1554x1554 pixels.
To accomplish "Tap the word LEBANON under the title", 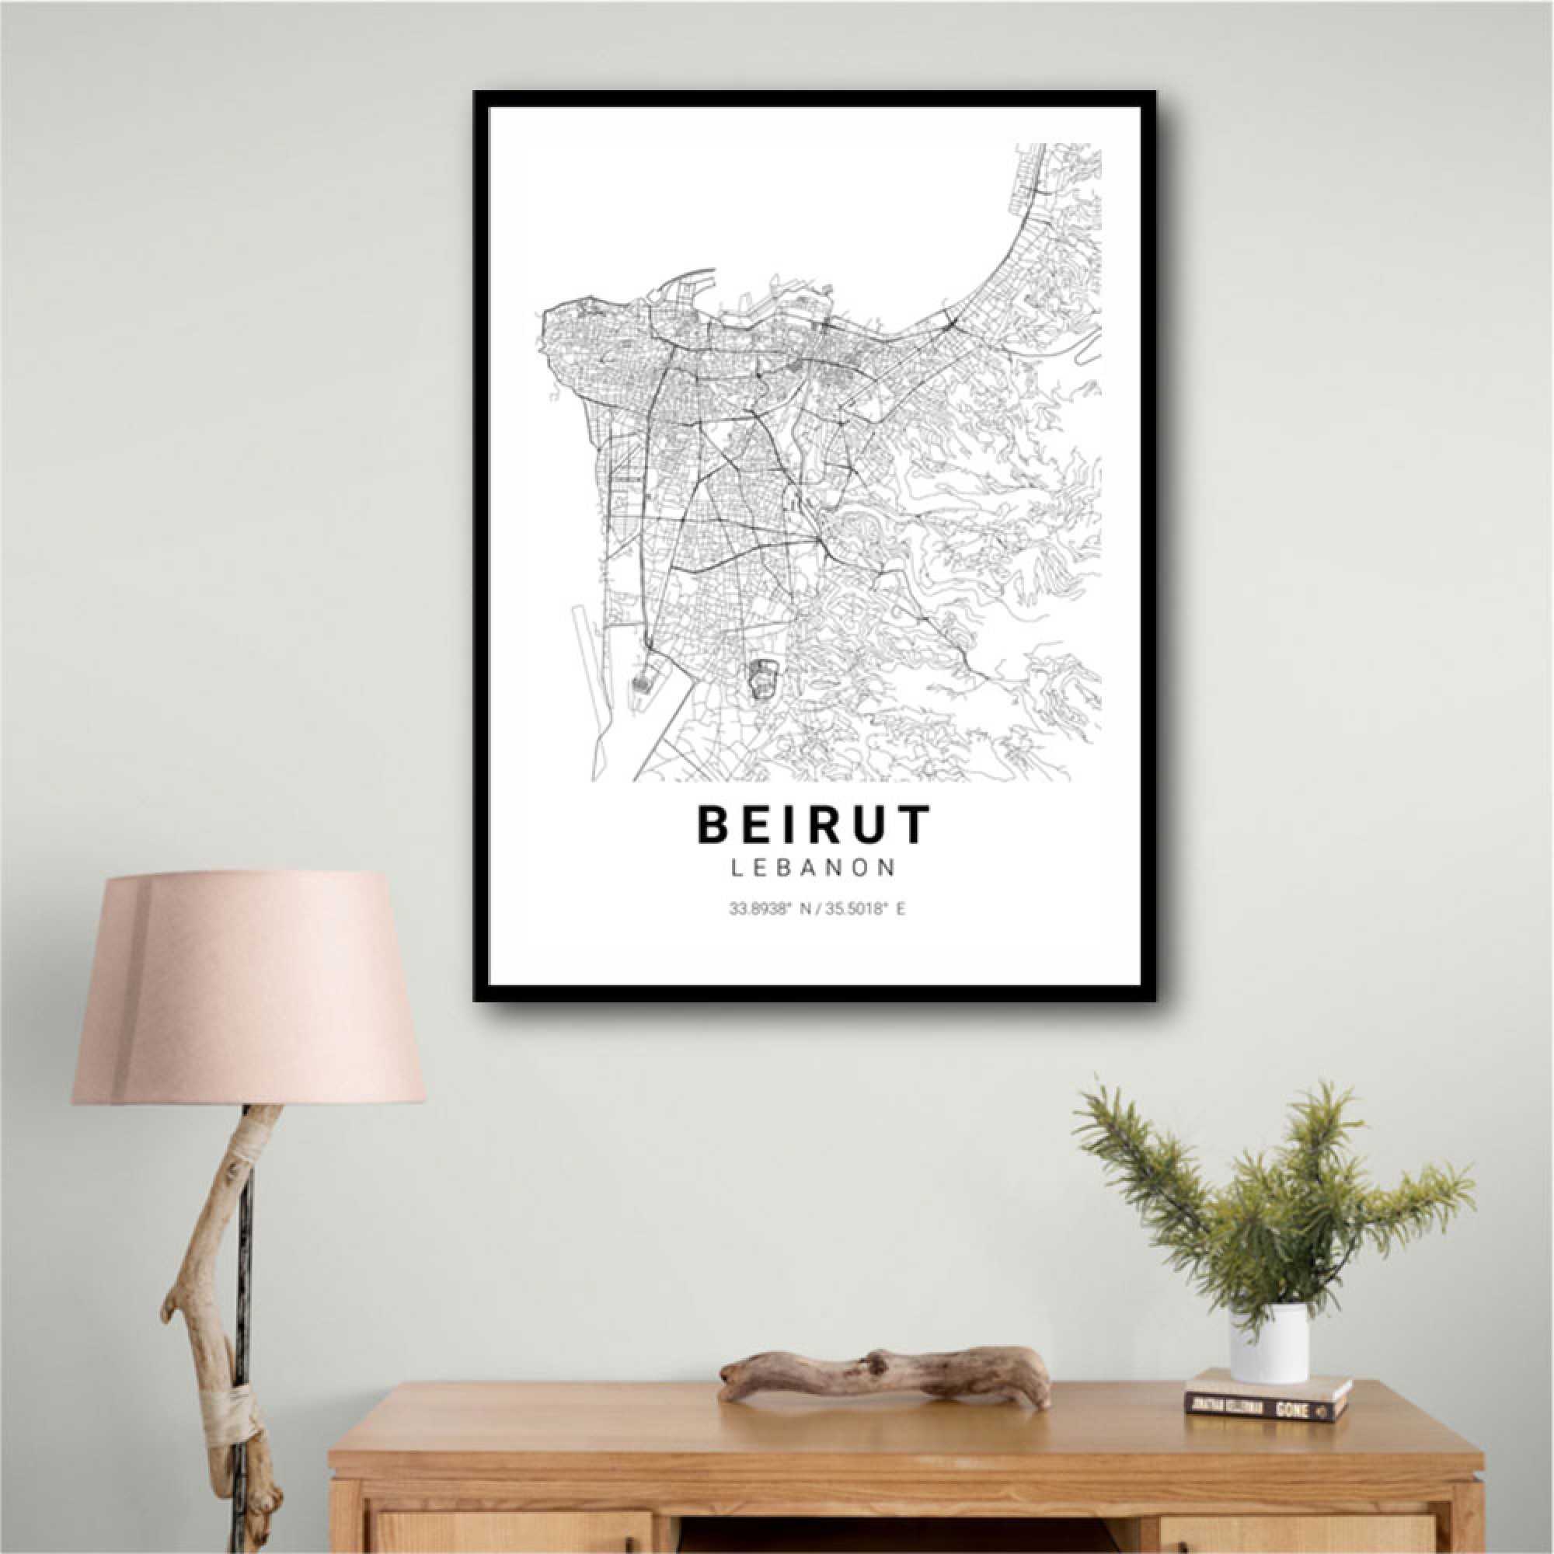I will tap(814, 867).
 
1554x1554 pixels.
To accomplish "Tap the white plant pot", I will tap(1270, 1342).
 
